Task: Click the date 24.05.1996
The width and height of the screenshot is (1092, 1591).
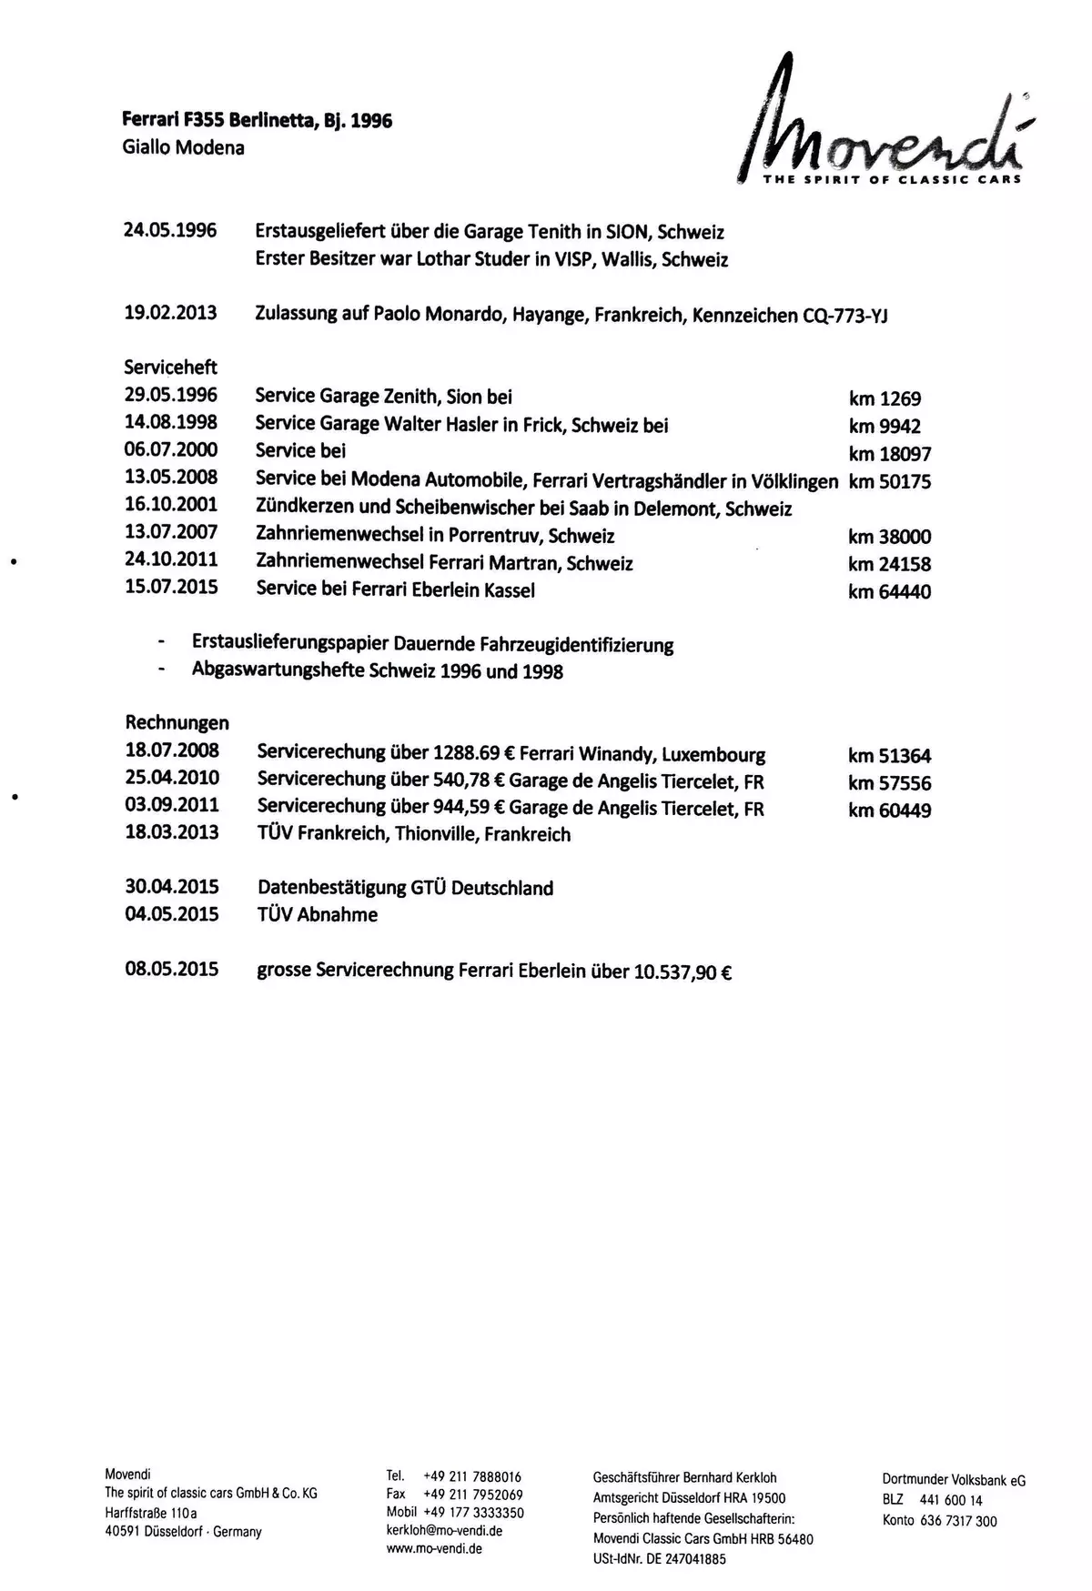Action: (x=170, y=230)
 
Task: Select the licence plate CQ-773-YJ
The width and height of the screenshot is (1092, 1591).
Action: (x=845, y=316)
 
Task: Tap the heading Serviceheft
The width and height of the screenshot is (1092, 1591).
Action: (x=170, y=368)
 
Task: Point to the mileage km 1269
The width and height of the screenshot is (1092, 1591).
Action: (x=884, y=398)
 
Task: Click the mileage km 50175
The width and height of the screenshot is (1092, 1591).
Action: (x=889, y=481)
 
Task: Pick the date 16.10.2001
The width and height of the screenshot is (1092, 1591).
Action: (x=170, y=505)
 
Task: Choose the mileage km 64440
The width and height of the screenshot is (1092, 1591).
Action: (x=889, y=591)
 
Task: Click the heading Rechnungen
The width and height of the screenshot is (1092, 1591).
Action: (x=177, y=723)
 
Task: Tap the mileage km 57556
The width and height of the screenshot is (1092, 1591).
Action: (x=889, y=782)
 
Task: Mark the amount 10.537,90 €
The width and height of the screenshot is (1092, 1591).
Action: (x=682, y=972)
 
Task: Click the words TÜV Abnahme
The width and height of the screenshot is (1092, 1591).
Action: (x=317, y=915)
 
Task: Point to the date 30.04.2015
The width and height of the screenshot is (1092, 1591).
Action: (x=172, y=887)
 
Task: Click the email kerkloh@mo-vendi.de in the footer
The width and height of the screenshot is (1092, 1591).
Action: (x=444, y=1530)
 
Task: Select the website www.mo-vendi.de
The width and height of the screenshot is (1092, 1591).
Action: (x=434, y=1548)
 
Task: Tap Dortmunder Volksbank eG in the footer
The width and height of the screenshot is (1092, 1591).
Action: (x=954, y=1480)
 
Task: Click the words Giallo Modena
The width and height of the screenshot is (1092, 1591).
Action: (x=183, y=147)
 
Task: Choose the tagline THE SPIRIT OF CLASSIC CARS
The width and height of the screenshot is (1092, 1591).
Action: (x=891, y=179)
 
